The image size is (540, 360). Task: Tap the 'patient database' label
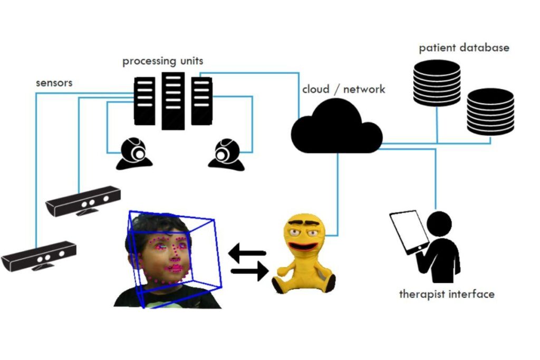[x=464, y=48]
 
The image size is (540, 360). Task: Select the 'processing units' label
[x=162, y=61]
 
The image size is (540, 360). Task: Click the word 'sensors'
[x=54, y=83]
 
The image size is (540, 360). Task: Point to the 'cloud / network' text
[x=343, y=89]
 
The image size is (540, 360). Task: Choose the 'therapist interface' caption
[x=447, y=294]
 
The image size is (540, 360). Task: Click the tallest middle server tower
[x=173, y=100]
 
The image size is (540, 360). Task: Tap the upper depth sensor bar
[x=83, y=200]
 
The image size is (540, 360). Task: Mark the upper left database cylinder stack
[x=437, y=82]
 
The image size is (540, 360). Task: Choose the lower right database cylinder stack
[x=490, y=112]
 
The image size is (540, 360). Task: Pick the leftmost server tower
[x=145, y=101]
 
